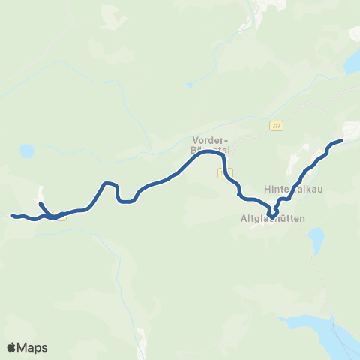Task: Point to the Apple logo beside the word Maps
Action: [12, 347]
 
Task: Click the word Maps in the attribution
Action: [33, 347]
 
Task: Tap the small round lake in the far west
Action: [27, 151]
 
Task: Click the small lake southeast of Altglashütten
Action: [316, 241]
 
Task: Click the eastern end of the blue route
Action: [341, 140]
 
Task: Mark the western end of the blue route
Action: [12, 216]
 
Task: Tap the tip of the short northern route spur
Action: [40, 204]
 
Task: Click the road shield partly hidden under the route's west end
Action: [61, 218]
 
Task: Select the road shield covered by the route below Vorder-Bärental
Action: [221, 173]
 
